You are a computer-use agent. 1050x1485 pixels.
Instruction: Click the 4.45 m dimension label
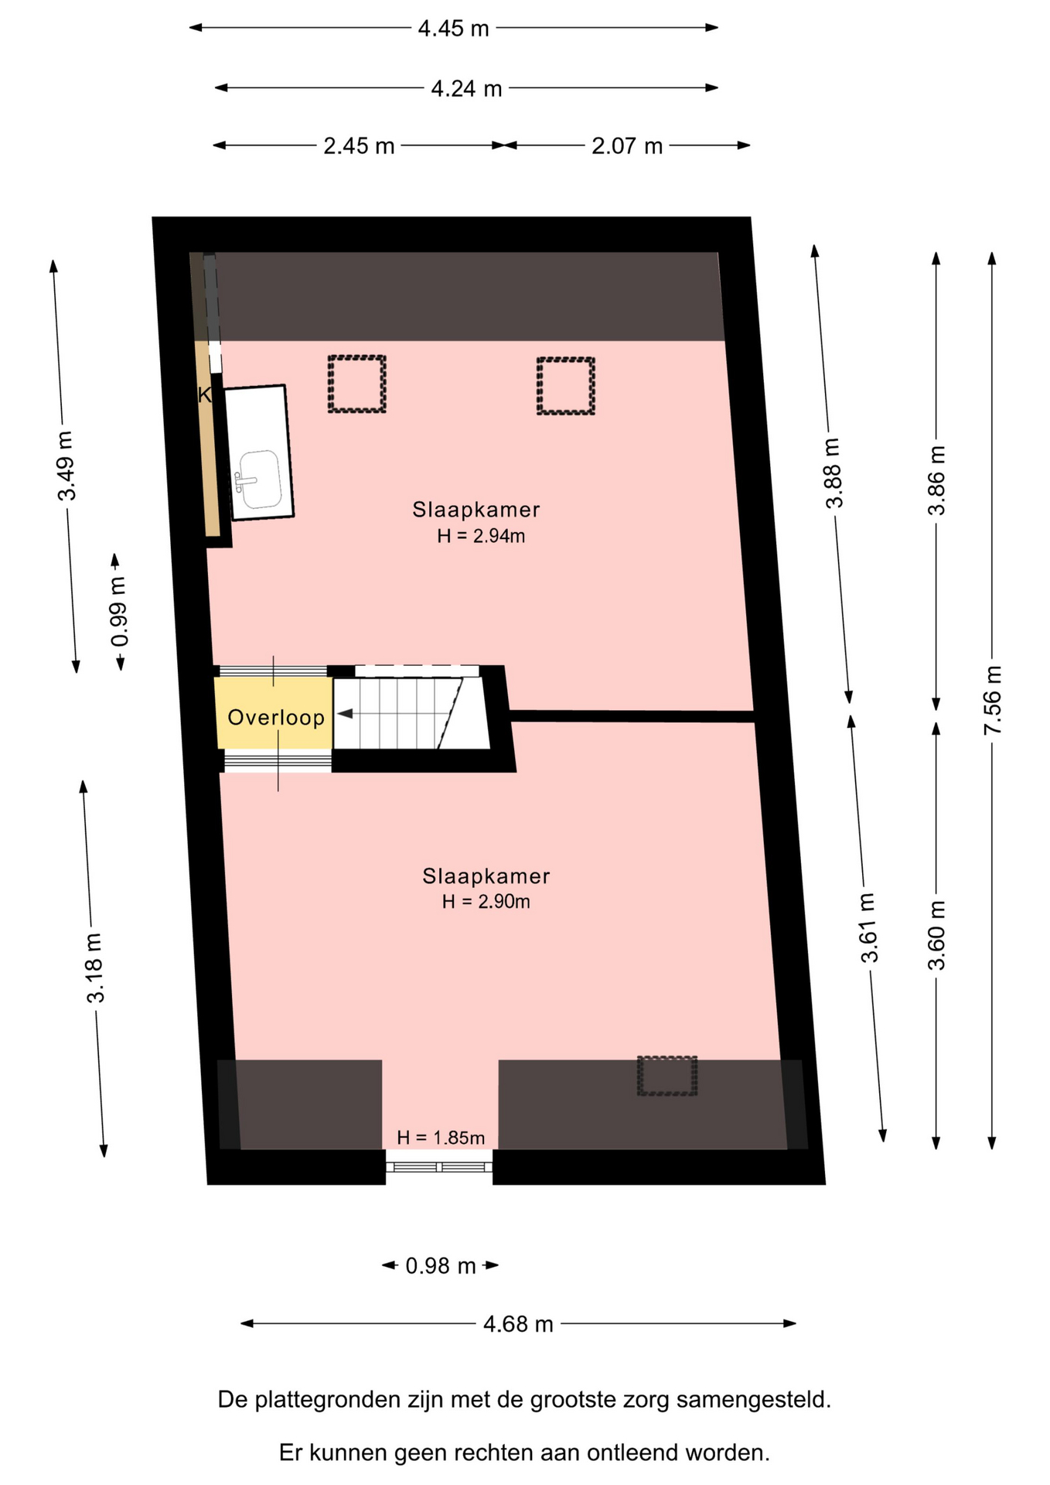pyautogui.click(x=453, y=29)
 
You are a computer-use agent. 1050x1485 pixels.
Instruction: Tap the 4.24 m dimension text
pyautogui.click(x=466, y=89)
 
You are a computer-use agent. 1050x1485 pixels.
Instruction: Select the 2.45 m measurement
pyautogui.click(x=359, y=146)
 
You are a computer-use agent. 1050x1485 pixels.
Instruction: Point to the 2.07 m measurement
pyautogui.click(x=627, y=146)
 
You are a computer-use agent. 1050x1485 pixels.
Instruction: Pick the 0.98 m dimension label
pyautogui.click(x=441, y=1266)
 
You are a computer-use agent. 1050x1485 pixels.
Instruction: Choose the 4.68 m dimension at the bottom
pyautogui.click(x=518, y=1325)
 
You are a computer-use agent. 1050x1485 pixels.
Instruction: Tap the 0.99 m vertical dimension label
pyautogui.click(x=119, y=612)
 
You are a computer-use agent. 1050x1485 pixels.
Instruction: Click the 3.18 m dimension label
pyautogui.click(x=94, y=968)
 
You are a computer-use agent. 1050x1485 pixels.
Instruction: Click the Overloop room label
pyautogui.click(x=276, y=718)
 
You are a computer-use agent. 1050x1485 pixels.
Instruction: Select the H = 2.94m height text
pyautogui.click(x=481, y=536)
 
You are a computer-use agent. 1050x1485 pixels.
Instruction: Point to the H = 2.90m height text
pyautogui.click(x=486, y=902)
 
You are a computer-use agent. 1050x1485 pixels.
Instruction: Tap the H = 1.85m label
pyautogui.click(x=441, y=1138)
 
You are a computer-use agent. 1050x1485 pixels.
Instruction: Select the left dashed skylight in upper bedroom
pyautogui.click(x=356, y=384)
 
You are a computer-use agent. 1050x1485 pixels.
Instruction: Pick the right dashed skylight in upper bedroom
pyautogui.click(x=566, y=386)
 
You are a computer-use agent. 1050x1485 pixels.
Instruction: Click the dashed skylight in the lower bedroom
pyautogui.click(x=667, y=1076)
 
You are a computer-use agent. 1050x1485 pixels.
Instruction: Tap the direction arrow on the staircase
pyautogui.click(x=346, y=714)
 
